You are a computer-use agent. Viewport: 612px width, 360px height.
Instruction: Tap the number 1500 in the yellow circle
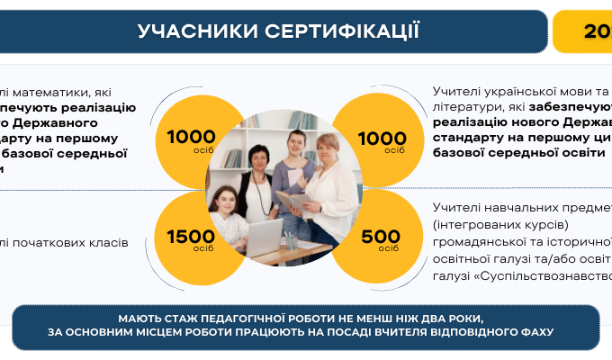191,237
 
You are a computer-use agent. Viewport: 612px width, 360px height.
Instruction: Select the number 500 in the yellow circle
380,237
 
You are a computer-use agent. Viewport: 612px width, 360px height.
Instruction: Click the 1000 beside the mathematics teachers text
191,137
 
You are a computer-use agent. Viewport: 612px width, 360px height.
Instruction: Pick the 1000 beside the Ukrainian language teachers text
382,137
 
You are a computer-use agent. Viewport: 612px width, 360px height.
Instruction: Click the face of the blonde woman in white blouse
328,148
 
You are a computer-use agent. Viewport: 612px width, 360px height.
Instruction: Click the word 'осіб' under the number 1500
203,248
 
